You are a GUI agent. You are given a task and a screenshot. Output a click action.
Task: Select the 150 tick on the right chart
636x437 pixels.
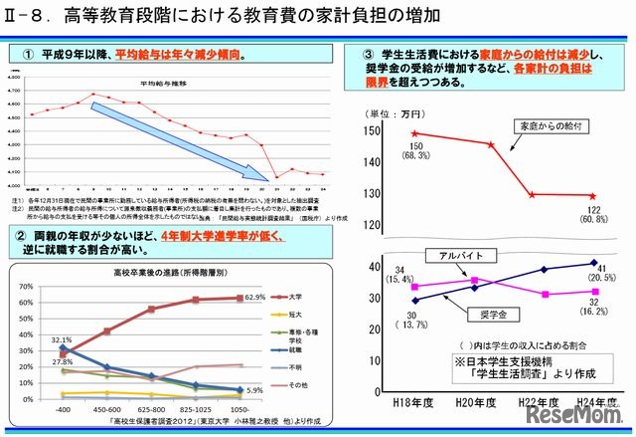click(x=371, y=131)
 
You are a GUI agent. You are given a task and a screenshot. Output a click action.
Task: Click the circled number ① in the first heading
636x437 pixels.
click(x=22, y=53)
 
